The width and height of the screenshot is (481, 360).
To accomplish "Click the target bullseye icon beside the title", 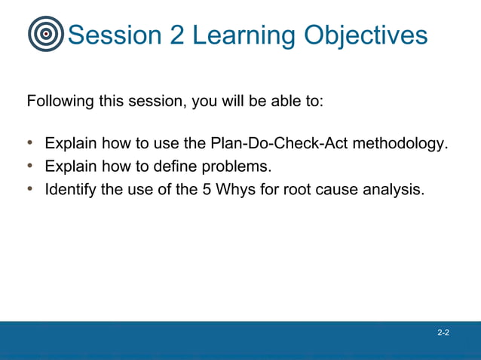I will click(46, 35).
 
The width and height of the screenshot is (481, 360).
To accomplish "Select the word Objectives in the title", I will click(366, 36).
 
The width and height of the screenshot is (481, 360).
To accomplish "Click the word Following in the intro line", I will click(60, 101).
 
